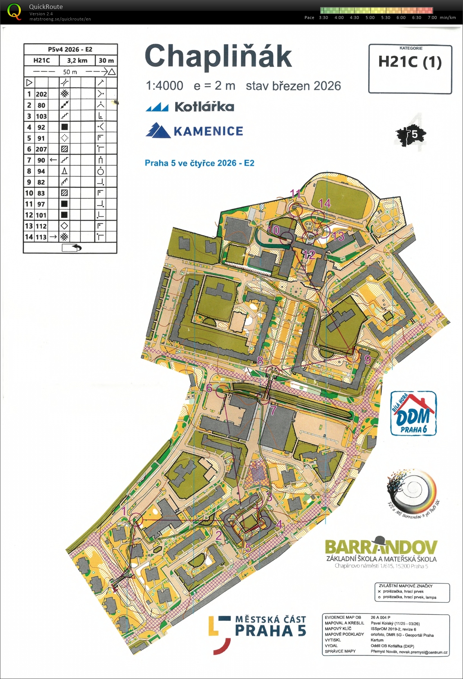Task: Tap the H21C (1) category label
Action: [410, 62]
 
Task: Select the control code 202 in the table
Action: [41, 94]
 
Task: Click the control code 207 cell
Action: [41, 149]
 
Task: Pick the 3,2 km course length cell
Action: [77, 60]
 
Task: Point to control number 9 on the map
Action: [368, 359]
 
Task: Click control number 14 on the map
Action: [324, 203]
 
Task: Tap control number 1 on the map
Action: [124, 511]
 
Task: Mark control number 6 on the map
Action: [209, 388]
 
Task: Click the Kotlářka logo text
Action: [204, 107]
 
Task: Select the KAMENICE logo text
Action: [208, 131]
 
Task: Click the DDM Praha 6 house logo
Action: [413, 414]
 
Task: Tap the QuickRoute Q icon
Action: [14, 12]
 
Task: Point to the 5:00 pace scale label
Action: [370, 18]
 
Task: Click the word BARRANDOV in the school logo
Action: [381, 547]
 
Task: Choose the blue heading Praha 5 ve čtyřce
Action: [199, 163]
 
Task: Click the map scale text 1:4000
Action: [164, 86]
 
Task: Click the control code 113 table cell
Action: [41, 237]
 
